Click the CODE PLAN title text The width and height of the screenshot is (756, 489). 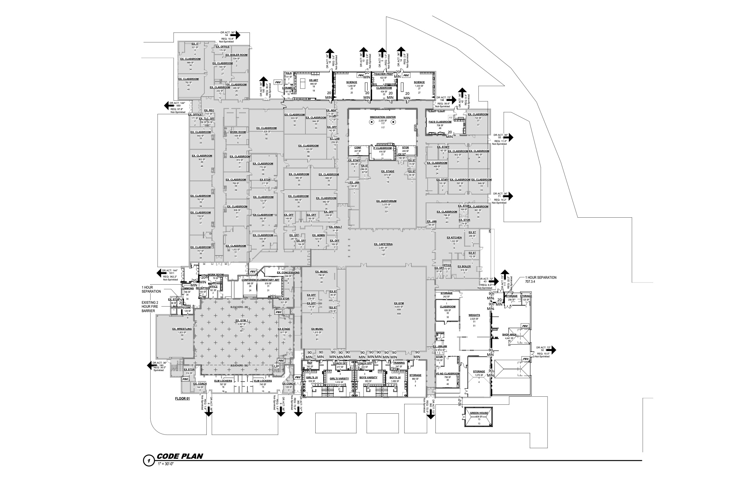click(x=180, y=456)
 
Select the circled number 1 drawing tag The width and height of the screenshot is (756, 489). click(x=149, y=460)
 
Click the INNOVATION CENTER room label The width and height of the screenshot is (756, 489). click(x=382, y=117)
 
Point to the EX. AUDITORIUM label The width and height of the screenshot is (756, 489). click(x=386, y=201)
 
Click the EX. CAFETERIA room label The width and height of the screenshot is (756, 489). click(x=383, y=244)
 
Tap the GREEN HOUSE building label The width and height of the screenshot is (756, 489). click(x=478, y=413)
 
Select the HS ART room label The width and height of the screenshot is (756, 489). click(x=313, y=80)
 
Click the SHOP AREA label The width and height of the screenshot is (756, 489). click(x=509, y=335)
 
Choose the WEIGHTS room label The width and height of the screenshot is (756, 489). click(x=474, y=315)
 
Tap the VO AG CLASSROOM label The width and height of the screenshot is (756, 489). click(x=447, y=374)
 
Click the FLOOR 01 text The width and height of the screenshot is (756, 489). click(x=182, y=399)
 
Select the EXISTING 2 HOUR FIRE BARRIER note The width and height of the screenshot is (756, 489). click(x=149, y=307)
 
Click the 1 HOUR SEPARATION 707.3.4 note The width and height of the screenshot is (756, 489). click(x=540, y=279)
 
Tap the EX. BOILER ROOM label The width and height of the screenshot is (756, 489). click(x=236, y=55)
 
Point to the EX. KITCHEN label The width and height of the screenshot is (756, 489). click(x=454, y=237)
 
